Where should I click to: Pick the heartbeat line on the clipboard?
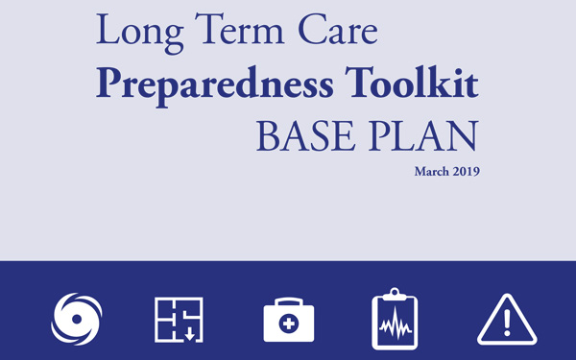point(396,326)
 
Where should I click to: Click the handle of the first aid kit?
point(289,300)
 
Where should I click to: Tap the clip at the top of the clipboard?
point(396,292)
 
